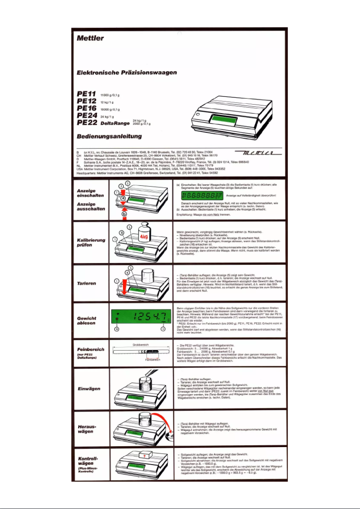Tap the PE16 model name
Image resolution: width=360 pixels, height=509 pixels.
87,109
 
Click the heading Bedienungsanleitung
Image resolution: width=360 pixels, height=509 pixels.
110,136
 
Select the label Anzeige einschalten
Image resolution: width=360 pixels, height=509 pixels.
91,193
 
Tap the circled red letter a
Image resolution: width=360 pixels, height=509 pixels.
122,198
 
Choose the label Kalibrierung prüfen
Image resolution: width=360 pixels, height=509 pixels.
91,242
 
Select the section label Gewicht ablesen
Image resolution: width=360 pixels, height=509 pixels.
87,320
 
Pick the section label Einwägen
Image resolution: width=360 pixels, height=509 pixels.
88,389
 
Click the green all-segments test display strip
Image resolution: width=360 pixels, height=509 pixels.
202,196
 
